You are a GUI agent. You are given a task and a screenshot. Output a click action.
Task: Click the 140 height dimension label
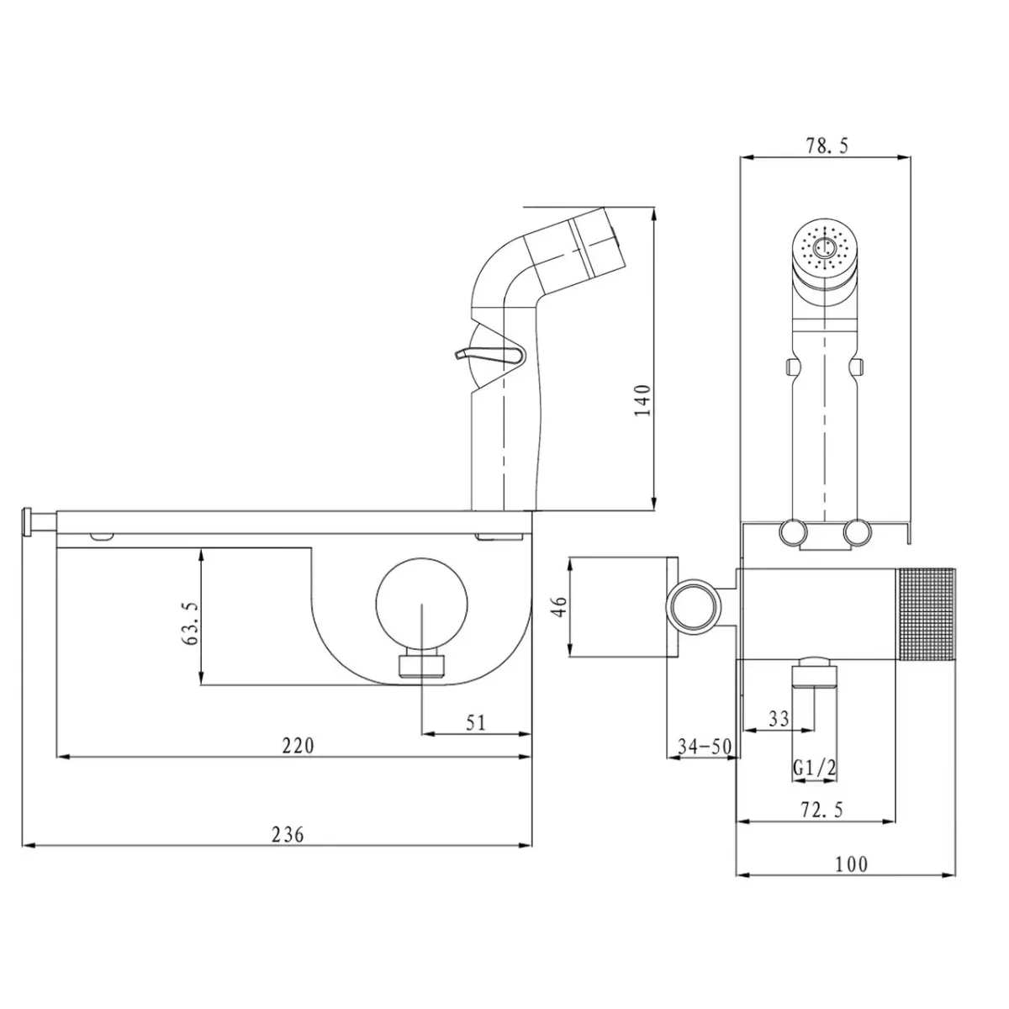[x=643, y=399]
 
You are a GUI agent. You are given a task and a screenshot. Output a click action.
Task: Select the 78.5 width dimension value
[x=827, y=145]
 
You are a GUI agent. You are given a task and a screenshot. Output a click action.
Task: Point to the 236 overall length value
[x=288, y=834]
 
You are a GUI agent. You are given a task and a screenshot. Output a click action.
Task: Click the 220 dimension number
[x=298, y=745]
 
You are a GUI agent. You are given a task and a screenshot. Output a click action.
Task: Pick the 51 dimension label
[x=476, y=723]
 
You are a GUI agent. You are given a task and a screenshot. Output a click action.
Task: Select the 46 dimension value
[x=560, y=606]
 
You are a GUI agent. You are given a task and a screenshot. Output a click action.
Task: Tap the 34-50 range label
[x=705, y=746]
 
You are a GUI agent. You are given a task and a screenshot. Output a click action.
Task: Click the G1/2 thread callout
[x=815, y=769]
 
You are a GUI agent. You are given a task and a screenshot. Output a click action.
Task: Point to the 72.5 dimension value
[x=822, y=810]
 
